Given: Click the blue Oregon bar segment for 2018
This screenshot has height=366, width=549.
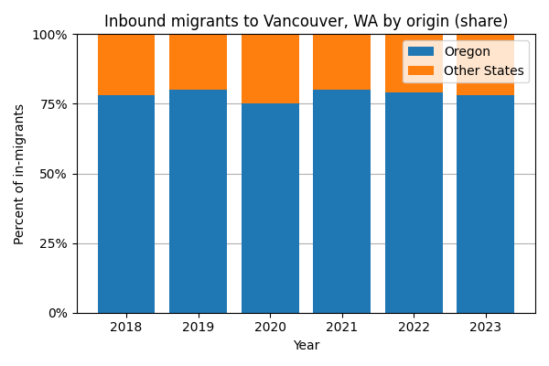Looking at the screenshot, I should click(126, 204).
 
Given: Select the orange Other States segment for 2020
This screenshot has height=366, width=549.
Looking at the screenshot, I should click(270, 69).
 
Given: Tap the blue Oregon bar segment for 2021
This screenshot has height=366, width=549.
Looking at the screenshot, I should click(341, 201).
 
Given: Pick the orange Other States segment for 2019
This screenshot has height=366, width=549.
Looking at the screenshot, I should click(198, 61).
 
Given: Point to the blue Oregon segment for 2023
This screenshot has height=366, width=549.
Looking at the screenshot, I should click(485, 204).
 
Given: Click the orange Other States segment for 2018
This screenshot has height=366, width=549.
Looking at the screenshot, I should click(126, 64).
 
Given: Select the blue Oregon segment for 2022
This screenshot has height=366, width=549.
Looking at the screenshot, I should click(414, 202).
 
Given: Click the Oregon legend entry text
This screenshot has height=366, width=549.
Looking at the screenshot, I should click(467, 52).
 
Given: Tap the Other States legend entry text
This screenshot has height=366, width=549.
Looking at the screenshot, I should click(483, 70).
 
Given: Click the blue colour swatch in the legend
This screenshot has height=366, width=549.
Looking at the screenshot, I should click(422, 52).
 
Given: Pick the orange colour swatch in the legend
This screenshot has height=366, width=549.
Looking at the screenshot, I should click(422, 70).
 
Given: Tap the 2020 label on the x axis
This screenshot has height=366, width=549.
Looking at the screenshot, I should click(270, 328).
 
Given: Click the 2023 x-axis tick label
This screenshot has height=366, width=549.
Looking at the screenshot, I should click(485, 328).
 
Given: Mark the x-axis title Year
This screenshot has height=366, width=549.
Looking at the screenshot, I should click(306, 346).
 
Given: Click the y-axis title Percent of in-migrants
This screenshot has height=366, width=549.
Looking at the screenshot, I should click(19, 174).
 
